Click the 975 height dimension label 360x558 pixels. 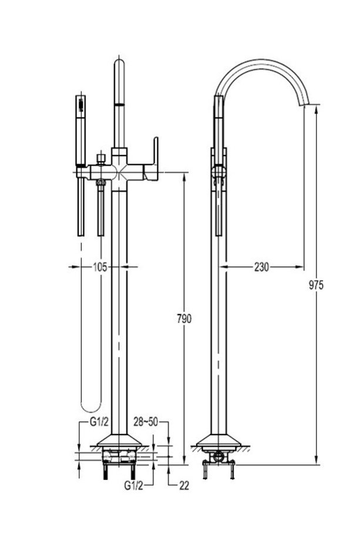tap(316, 285)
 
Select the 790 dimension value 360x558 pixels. tap(184, 318)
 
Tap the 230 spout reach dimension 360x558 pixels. tap(261, 267)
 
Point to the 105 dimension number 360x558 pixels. tap(100, 267)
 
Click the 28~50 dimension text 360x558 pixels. tap(146, 422)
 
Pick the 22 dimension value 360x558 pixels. tap(184, 486)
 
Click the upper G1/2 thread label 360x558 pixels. tap(99, 422)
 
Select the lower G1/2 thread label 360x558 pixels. tap(134, 486)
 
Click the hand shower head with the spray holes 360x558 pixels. tap(81, 106)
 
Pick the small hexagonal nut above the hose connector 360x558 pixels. tap(102, 157)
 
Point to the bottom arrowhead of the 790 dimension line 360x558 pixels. tap(184, 460)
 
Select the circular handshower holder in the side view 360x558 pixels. tap(218, 172)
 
